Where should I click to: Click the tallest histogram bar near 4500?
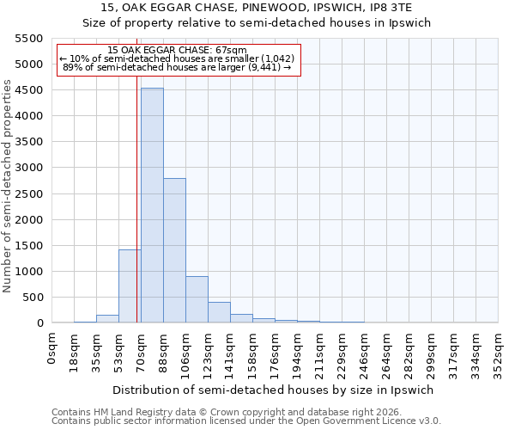pos(152,206)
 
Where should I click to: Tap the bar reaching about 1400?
pos(129,286)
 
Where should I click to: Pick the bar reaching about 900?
pos(197,299)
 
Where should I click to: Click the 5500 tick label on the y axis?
pos(27,39)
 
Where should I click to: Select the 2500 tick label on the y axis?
pos(27,193)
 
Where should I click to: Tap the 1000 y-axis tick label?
pos(27,272)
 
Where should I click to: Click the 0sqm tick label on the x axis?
pos(52,349)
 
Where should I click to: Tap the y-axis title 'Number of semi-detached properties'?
pos(8,186)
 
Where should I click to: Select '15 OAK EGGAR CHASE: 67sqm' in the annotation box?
pos(178,50)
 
